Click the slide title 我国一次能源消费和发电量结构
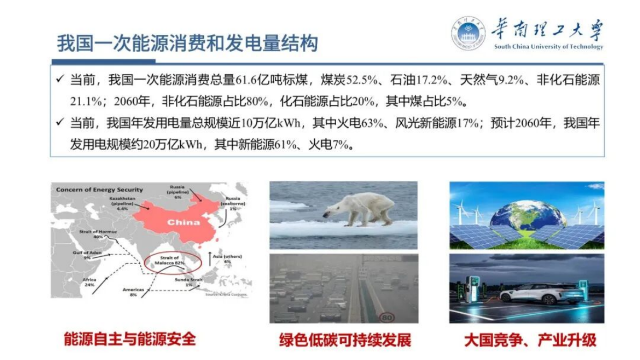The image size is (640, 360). tap(187, 44)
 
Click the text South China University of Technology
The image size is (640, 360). tap(549, 47)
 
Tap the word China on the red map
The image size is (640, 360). tap(183, 222)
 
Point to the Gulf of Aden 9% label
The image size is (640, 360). tap(87, 255)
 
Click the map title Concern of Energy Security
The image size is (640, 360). tap(99, 189)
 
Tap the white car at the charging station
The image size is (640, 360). tap(541, 293)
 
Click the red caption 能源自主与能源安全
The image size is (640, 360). tap(130, 339)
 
